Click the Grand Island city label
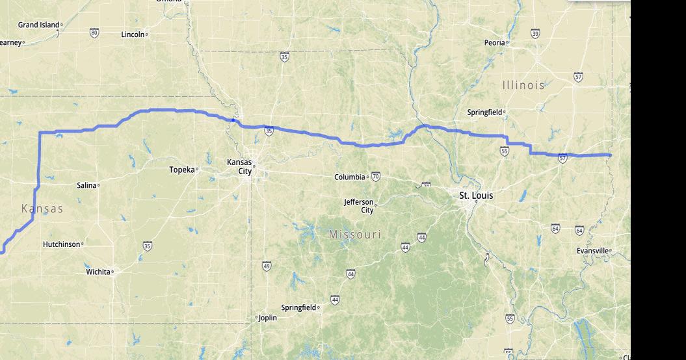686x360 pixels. tap(38, 25)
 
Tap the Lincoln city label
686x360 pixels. tap(133, 34)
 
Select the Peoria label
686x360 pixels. tap(494, 42)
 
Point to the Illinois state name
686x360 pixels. tap(523, 85)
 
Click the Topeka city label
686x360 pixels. tap(182, 170)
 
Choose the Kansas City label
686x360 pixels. tap(239, 166)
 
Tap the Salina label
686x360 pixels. tap(86, 185)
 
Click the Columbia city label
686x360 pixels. tap(350, 177)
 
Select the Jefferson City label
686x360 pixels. tap(359, 206)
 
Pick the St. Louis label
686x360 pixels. tap(476, 196)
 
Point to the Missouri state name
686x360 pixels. tap(355, 234)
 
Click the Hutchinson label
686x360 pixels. tap(62, 244)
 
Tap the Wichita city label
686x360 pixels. tap(98, 272)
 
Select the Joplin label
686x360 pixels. tap(267, 318)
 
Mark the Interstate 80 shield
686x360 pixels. tap(94, 32)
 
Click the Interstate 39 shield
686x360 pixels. tap(534, 33)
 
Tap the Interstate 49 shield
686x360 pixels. tap(267, 266)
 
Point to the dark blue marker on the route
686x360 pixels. tap(233, 120)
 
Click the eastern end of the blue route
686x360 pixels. tap(610, 155)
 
